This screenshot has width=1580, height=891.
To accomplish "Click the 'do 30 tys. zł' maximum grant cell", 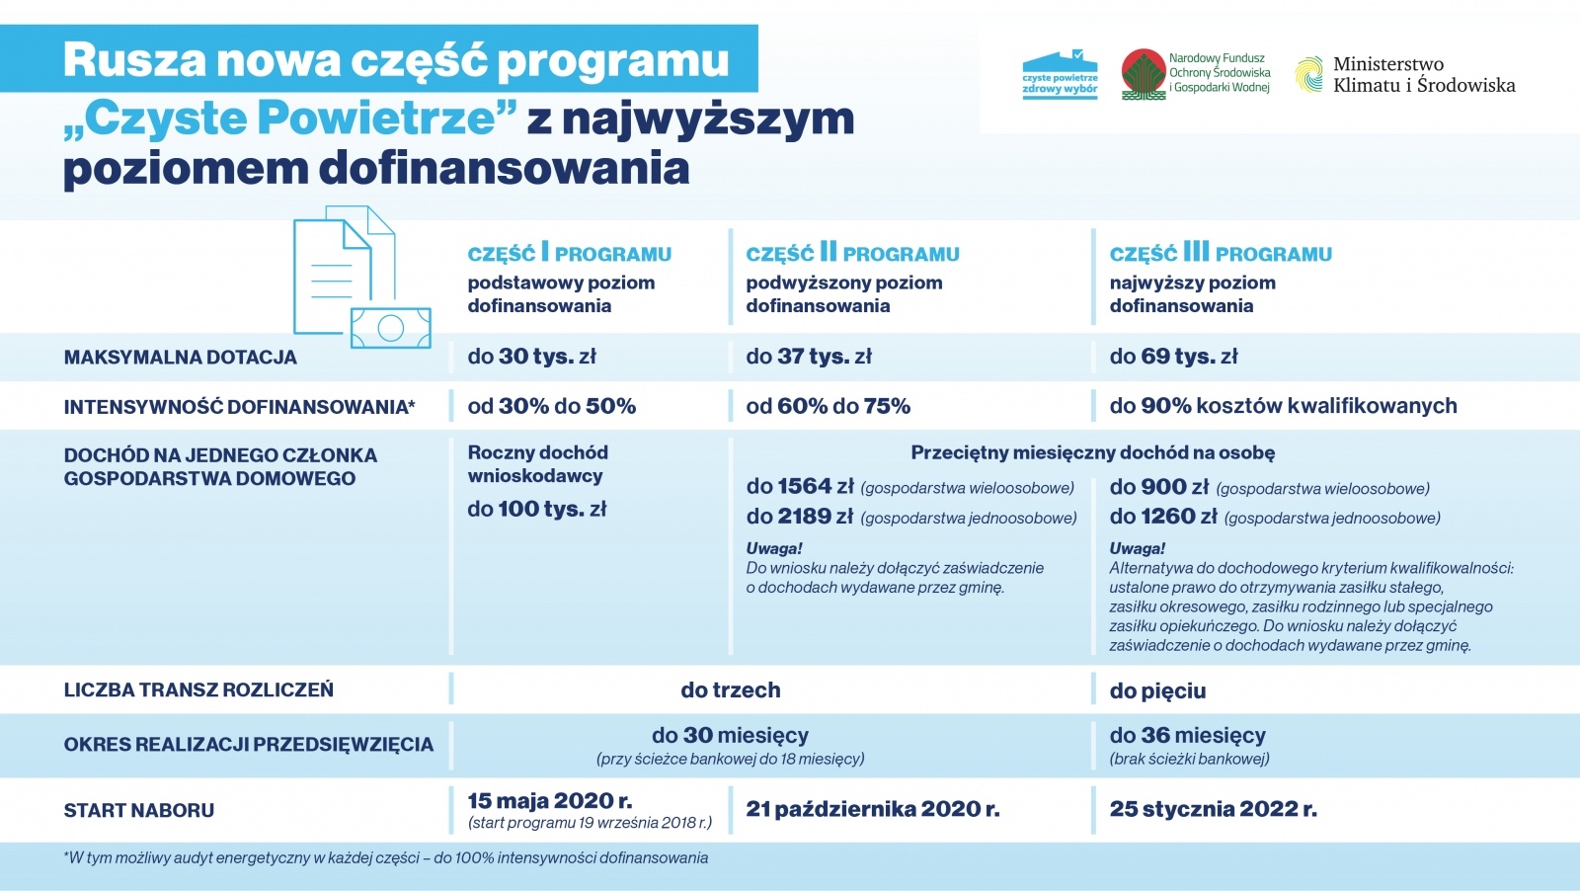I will [531, 357].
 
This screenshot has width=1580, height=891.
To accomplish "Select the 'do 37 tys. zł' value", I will [809, 357].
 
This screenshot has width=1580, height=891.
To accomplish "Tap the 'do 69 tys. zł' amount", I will [1173, 357].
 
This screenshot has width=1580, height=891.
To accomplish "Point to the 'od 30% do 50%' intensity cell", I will [551, 406].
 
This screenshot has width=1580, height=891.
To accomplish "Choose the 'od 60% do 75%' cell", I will [828, 406].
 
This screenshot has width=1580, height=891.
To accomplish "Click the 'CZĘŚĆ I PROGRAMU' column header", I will [569, 254].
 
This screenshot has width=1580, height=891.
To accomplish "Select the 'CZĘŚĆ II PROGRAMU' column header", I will [852, 254].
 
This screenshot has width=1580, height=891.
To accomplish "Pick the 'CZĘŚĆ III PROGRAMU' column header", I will [1221, 254].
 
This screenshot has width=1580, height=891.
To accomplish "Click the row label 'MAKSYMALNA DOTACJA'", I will [180, 358].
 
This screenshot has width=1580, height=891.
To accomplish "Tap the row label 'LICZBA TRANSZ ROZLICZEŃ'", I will [198, 689].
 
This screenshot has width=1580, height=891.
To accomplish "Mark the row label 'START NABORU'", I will [138, 810].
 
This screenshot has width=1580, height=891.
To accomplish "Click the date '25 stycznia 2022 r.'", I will [1213, 809].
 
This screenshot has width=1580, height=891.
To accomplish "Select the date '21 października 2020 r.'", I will [872, 809].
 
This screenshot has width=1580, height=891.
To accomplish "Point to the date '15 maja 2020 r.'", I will [550, 800].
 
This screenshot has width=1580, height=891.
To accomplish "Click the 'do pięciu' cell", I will [1157, 690].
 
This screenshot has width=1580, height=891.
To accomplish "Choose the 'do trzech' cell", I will [730, 689].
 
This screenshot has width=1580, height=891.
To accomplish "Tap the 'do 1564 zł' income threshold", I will [800, 487].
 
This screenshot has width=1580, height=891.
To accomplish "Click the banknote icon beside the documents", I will [391, 328].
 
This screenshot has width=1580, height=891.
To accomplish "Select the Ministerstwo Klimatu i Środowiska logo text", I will [1423, 75].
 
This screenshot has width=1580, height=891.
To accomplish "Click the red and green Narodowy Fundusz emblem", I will [1144, 74].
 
